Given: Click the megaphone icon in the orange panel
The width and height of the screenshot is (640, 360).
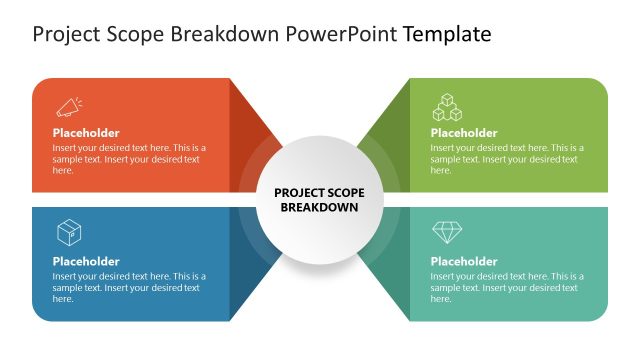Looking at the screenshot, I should click(x=69, y=106).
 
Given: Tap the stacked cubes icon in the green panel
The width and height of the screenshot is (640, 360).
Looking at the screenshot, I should click(x=446, y=106).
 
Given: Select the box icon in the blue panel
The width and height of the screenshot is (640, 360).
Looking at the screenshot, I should click(x=69, y=233).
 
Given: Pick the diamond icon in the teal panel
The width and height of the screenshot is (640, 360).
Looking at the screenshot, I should click(x=446, y=233).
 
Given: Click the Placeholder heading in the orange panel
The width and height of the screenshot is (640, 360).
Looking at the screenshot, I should click(x=86, y=133).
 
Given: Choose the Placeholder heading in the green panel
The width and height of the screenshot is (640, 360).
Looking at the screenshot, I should click(x=464, y=133).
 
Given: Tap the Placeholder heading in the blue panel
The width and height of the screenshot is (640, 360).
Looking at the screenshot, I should click(x=86, y=262).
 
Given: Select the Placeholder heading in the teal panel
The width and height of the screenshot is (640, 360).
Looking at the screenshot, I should click(x=464, y=262).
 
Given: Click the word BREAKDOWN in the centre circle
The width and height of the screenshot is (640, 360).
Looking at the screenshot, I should click(x=319, y=207).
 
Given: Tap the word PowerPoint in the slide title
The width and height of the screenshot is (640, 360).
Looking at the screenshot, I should click(x=342, y=35).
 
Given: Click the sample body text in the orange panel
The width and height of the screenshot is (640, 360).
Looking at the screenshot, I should click(x=128, y=159).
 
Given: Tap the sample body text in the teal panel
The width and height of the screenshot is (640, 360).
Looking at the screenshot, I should click(x=507, y=287).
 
